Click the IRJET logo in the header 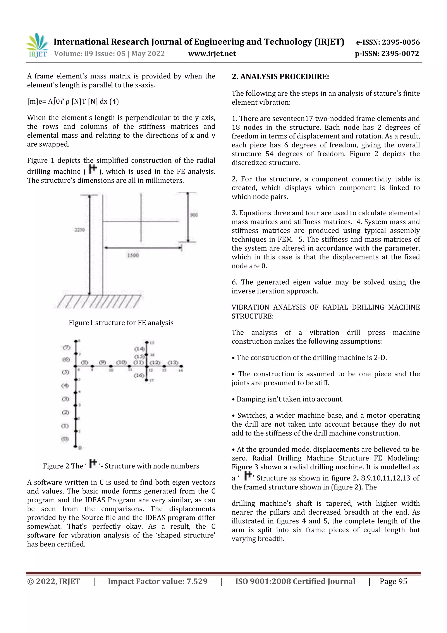[38, 45]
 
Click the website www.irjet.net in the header [212, 54]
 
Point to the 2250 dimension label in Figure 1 [80, 230]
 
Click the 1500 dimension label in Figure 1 [133, 255]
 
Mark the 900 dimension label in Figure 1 [194, 215]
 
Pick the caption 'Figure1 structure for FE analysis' [121, 323]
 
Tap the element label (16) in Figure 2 [139, 375]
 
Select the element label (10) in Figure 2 [121, 362]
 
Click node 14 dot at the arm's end [182, 366]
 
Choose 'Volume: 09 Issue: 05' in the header [90, 54]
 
